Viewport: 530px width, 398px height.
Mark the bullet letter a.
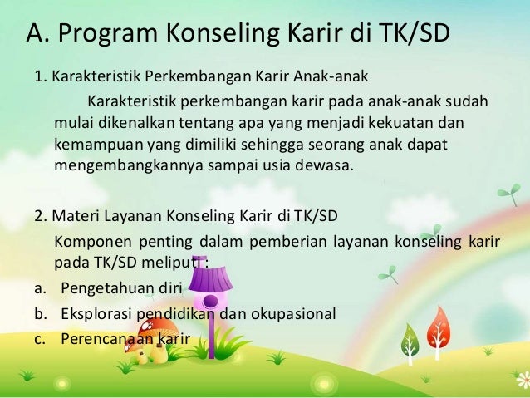coord(38,288)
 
